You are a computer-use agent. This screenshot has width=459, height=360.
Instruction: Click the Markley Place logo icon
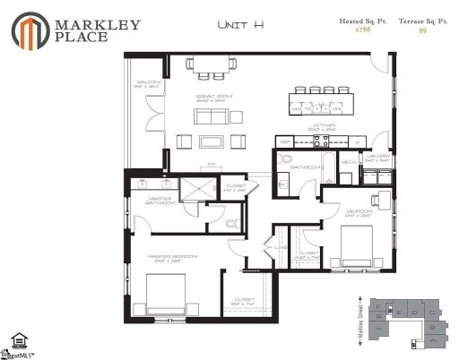(30, 30)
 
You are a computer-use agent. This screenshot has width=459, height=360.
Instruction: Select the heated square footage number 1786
(362, 30)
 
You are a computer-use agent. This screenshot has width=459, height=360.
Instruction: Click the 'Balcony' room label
(148, 83)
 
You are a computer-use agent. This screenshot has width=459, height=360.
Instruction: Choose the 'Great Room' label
(212, 97)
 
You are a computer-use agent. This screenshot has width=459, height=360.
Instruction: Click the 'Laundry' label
(377, 156)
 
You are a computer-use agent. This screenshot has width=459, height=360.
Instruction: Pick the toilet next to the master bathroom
(233, 223)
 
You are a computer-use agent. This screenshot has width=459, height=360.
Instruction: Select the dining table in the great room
(211, 65)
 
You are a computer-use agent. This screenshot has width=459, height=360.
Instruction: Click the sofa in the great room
(212, 141)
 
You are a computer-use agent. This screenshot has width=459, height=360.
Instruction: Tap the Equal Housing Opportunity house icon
(17, 340)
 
